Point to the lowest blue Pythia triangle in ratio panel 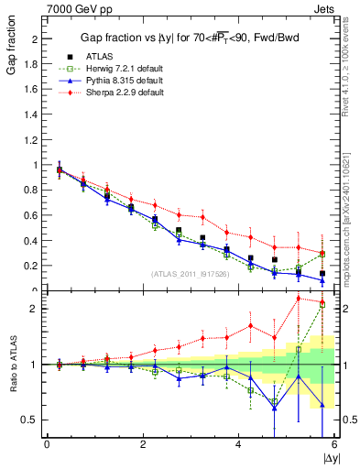pos(274,409)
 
